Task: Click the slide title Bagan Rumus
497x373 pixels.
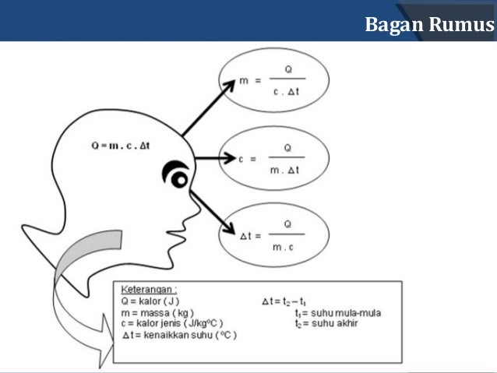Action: tap(428, 24)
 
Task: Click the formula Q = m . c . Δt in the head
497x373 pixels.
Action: tap(125, 145)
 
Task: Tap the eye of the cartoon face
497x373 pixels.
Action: tap(178, 179)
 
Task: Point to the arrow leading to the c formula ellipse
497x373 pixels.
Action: tap(215, 159)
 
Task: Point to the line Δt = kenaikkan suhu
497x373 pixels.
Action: tap(179, 335)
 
